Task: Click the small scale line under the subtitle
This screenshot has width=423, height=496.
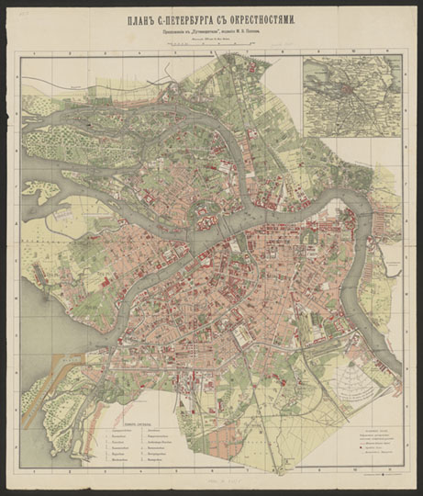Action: point(211,41)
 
